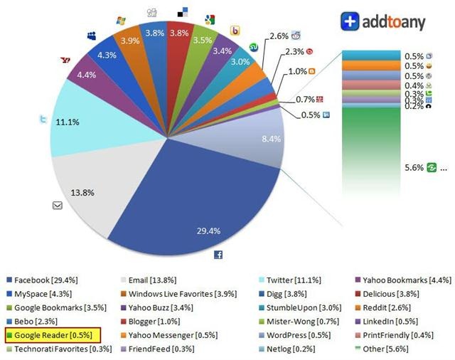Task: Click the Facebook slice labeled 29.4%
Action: point(206,206)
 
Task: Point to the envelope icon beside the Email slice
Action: point(58,206)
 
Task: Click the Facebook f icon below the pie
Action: point(218,254)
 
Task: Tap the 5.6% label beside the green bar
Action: point(414,168)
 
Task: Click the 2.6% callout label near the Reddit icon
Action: point(279,36)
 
